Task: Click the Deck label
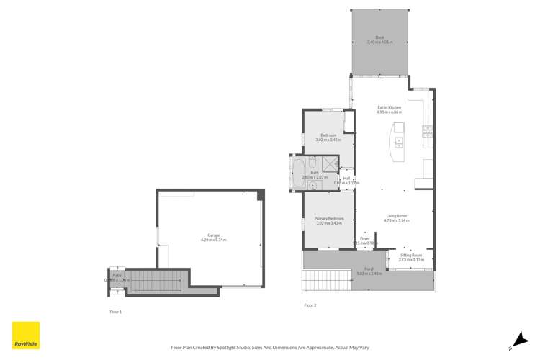pos(379,38)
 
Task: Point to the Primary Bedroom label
pos(330,219)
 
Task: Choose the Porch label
pos(370,269)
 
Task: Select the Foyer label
pos(365,238)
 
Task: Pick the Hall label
pos(346,179)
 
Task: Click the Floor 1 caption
pos(115,311)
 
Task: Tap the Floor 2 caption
pos(310,305)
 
